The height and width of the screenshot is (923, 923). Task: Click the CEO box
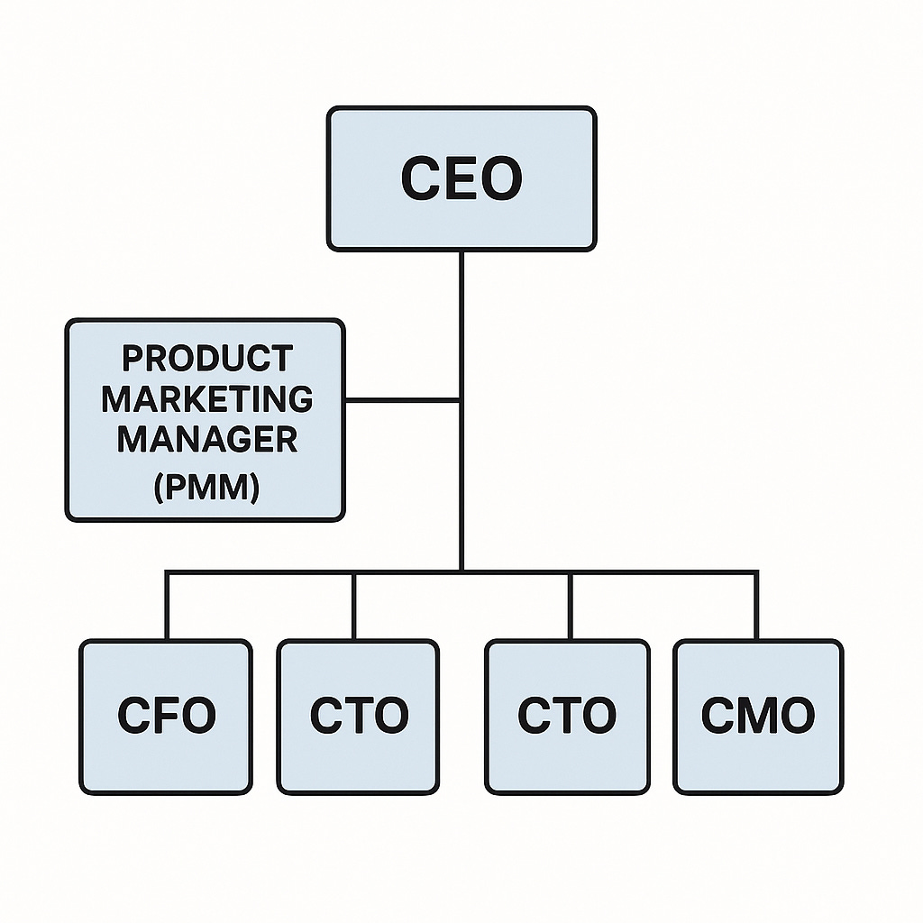click(x=461, y=178)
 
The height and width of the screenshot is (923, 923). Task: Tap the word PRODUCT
click(x=206, y=358)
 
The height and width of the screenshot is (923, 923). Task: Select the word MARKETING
click(x=206, y=398)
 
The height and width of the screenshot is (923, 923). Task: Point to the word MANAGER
click(x=206, y=439)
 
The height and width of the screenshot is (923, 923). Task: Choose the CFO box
click(x=166, y=717)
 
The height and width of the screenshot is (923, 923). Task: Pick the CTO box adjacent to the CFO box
click(x=358, y=717)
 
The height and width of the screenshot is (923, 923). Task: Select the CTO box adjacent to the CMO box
click(x=567, y=717)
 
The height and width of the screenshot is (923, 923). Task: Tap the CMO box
click(x=758, y=717)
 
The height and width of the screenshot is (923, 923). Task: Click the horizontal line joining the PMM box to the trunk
click(x=402, y=399)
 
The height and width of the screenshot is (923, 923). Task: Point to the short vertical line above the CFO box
click(x=167, y=606)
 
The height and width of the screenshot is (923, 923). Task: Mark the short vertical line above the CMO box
click(x=756, y=606)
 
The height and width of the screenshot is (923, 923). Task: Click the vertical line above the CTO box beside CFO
click(x=353, y=606)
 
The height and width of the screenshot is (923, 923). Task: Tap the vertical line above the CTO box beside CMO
click(x=570, y=606)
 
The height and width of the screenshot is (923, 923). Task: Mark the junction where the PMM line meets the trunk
click(x=461, y=399)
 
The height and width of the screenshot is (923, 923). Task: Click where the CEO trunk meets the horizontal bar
click(x=461, y=571)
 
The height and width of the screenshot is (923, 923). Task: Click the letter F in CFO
click(x=167, y=716)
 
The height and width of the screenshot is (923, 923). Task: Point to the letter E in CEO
click(x=461, y=178)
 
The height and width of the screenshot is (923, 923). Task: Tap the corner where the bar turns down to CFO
click(x=167, y=571)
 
